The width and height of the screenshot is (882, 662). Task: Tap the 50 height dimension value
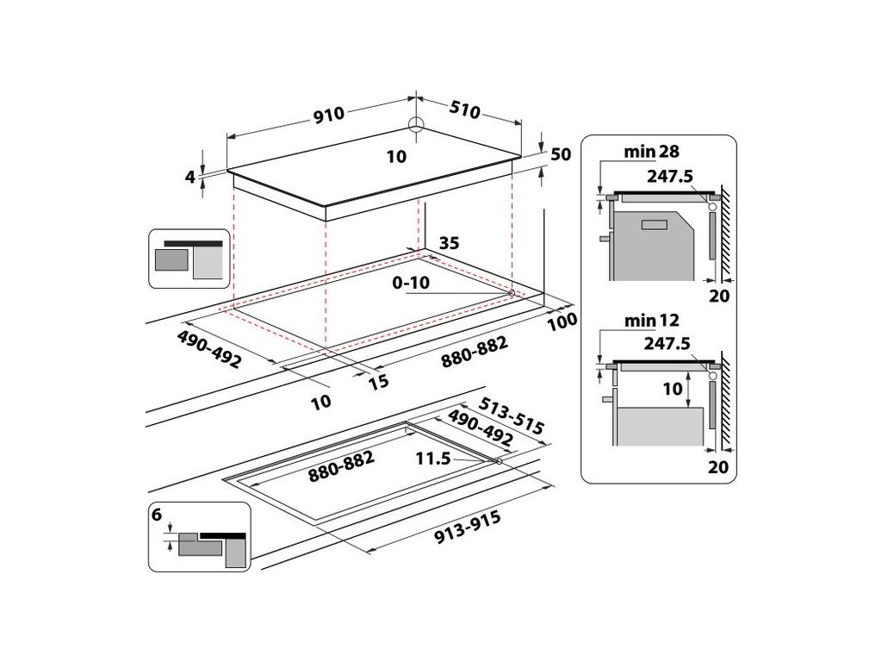tap(561, 155)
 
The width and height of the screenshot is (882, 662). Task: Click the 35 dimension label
tap(450, 244)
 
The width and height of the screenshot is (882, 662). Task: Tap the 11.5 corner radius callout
tap(433, 459)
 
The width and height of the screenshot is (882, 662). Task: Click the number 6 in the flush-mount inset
tap(156, 515)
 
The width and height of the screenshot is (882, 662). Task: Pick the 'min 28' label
tap(652, 152)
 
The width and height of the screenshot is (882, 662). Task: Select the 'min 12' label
tap(652, 322)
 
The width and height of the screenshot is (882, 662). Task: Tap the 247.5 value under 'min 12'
tap(667, 343)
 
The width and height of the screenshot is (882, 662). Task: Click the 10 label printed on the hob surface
tap(396, 157)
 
